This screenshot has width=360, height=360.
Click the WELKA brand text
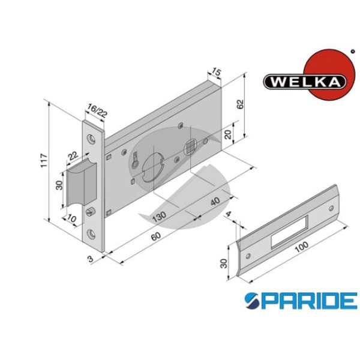tap(304, 82)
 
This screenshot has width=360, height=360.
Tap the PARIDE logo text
tap(301, 301)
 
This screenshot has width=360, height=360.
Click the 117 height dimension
tap(44, 161)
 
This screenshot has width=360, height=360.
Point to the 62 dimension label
tap(240, 104)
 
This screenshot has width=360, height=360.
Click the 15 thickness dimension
tap(216, 71)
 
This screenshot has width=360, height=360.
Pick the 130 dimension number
tap(159, 217)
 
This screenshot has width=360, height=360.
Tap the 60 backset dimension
tap(156, 236)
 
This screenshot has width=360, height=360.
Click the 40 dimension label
tap(215, 202)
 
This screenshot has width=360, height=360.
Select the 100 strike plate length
tap(301, 247)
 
